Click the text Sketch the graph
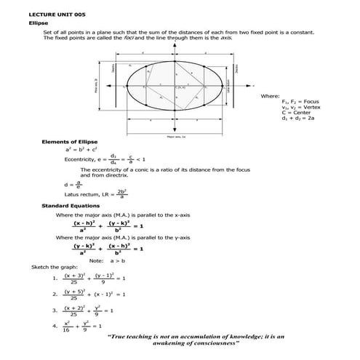coord(51,267)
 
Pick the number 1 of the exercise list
coord(55,279)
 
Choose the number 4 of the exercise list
coord(55,326)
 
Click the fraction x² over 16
coord(68,326)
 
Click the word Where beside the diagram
coord(268,96)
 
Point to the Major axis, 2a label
coord(176,136)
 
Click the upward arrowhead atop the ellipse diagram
coord(176,44)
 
